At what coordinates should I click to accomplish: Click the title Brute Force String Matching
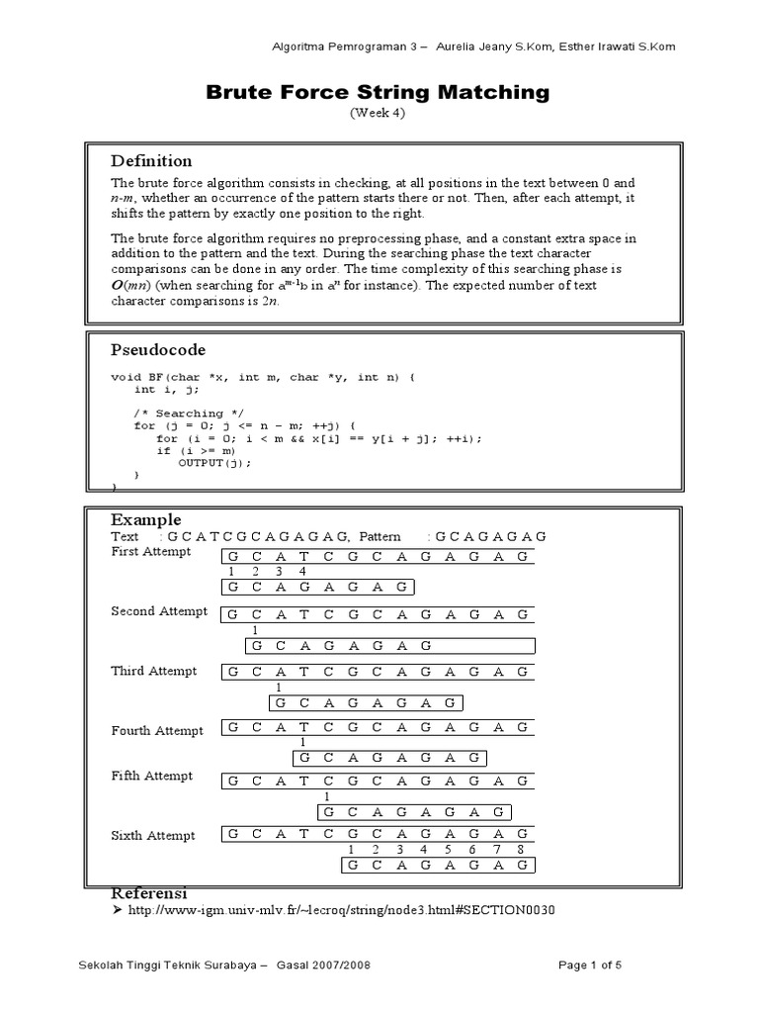[x=377, y=92]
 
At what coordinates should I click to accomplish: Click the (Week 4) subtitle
[x=377, y=113]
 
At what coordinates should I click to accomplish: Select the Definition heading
[x=151, y=161]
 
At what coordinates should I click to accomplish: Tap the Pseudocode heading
[x=158, y=350]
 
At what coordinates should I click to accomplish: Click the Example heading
[x=146, y=519]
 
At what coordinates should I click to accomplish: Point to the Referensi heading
[x=149, y=892]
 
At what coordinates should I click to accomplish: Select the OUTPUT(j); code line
[x=214, y=463]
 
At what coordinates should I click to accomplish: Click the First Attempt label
[x=151, y=552]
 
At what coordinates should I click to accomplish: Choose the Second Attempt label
[x=159, y=611]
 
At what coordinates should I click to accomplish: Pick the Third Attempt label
[x=154, y=671]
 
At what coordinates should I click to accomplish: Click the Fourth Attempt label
[x=157, y=731]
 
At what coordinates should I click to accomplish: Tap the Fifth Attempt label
[x=152, y=776]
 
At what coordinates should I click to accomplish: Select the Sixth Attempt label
[x=153, y=836]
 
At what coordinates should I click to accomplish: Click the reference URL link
[x=335, y=910]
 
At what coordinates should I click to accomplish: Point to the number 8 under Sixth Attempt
[x=520, y=850]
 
